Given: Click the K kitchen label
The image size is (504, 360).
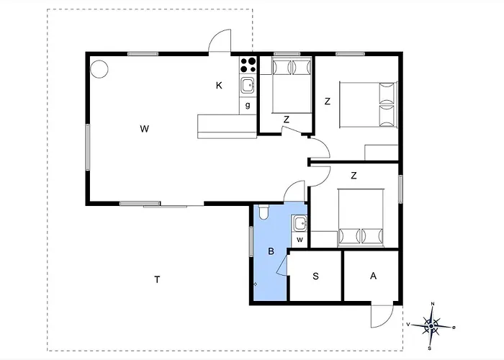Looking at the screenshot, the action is [219, 86].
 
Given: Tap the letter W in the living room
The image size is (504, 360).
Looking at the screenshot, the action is [144, 129].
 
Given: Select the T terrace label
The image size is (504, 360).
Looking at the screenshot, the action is [157, 279].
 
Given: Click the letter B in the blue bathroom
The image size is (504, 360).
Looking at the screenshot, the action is [271, 251].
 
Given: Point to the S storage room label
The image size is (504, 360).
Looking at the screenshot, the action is [315, 276].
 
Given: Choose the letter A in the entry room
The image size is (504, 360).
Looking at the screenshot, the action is [373, 276].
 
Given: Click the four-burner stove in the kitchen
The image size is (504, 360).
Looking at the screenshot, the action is [248, 65].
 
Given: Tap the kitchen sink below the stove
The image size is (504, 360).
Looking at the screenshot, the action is [248, 86].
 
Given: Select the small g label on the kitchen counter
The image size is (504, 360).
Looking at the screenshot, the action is [248, 105].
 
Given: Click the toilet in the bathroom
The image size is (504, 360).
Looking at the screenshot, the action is [264, 212].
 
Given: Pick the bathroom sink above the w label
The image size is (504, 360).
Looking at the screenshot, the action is [300, 222].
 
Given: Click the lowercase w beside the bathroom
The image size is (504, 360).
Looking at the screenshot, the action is [300, 240].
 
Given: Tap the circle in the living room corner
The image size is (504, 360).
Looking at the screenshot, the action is [99, 69].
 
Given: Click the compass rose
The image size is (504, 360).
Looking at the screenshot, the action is [431, 326].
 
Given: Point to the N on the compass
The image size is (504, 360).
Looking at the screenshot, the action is [433, 304].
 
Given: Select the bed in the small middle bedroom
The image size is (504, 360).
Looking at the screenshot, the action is [292, 86].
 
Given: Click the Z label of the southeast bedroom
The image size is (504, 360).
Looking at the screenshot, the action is [354, 176].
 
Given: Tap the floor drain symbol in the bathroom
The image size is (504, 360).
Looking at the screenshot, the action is [255, 284].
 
